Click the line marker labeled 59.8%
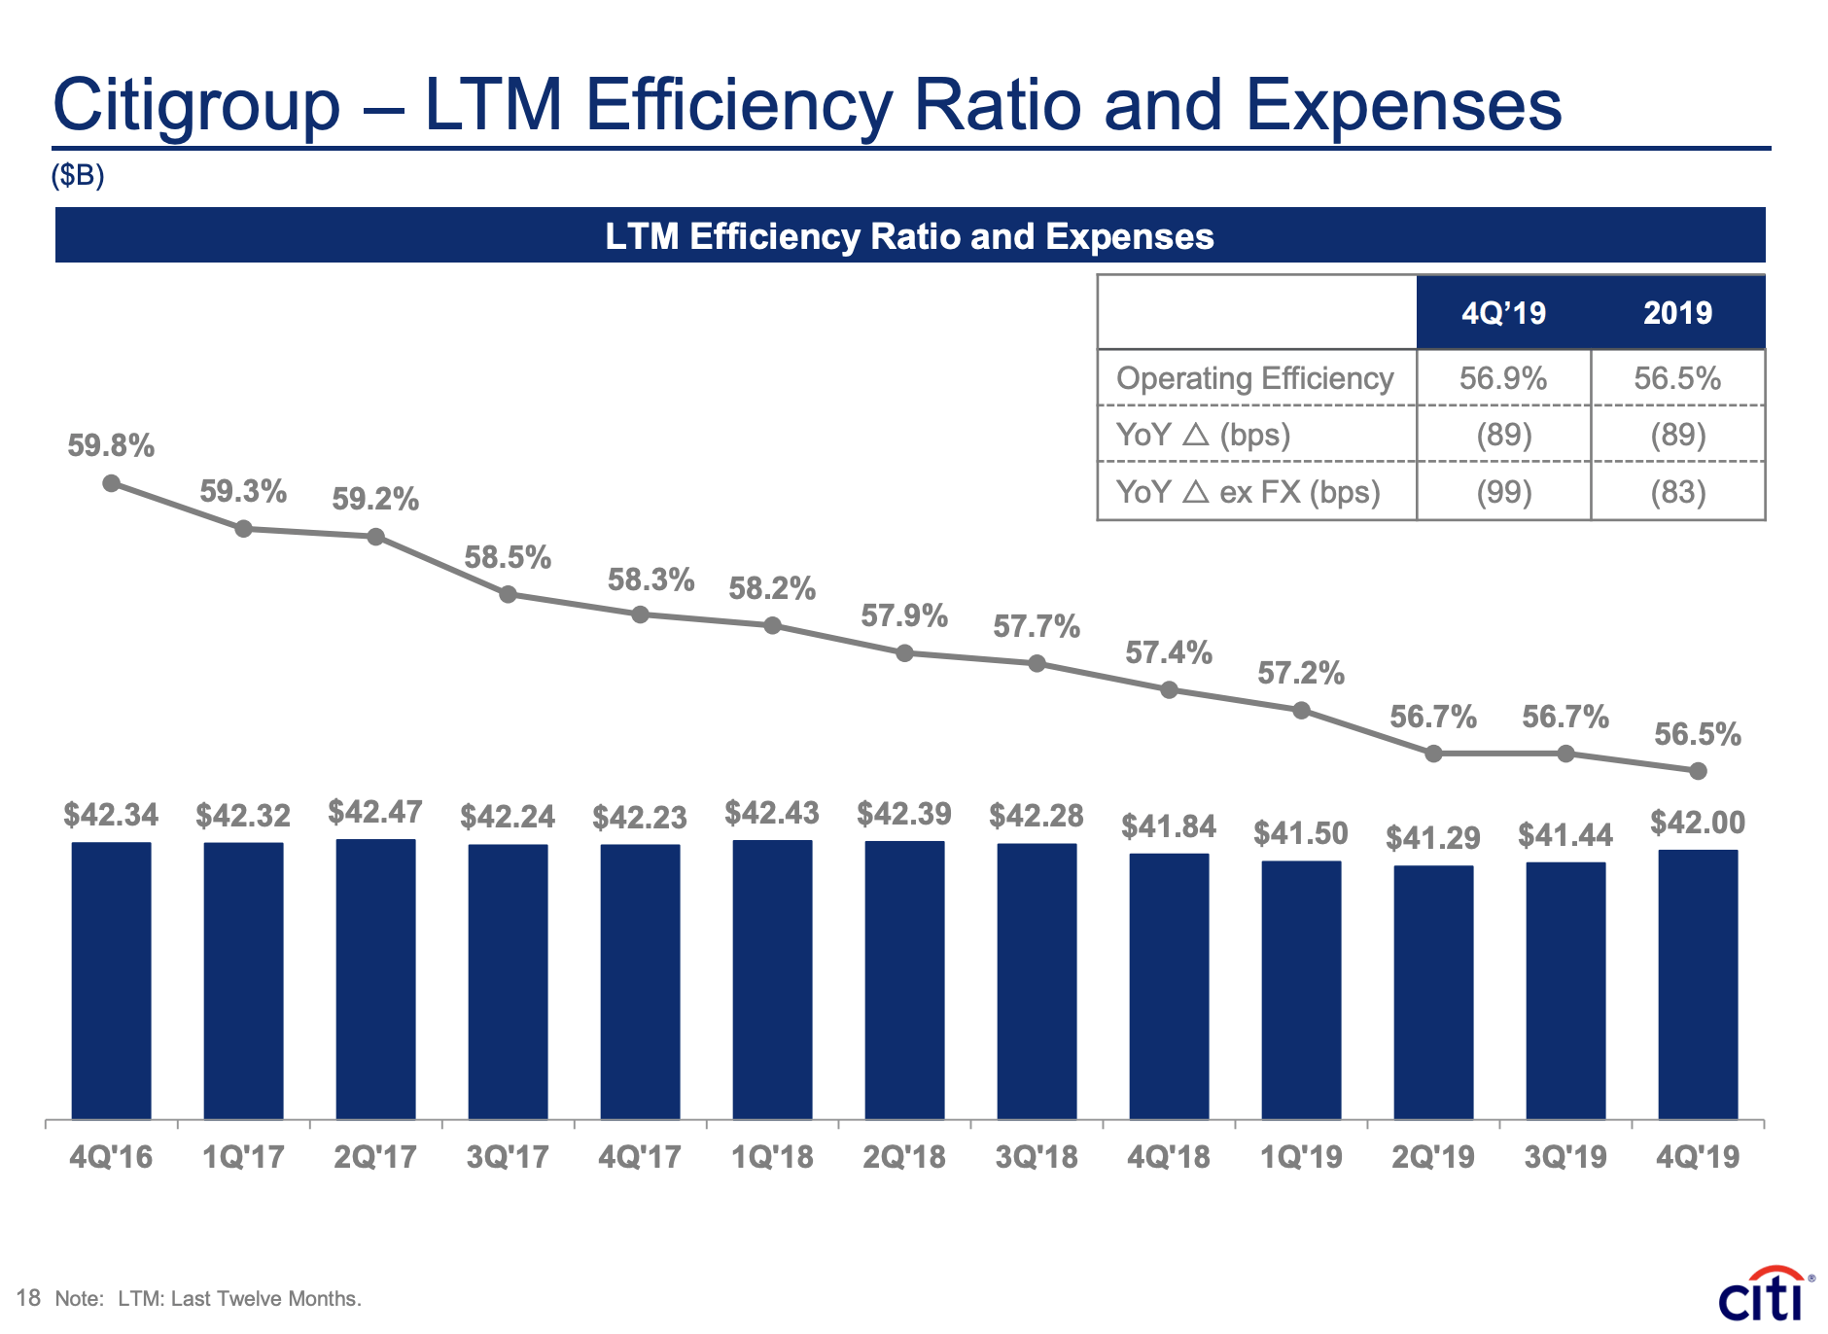(112, 483)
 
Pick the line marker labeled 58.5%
(508, 594)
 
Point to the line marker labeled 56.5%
(1698, 771)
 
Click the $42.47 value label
(375, 812)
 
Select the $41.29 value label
(1433, 837)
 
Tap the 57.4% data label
(1169, 652)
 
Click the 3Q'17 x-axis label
(508, 1157)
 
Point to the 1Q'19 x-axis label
(1301, 1157)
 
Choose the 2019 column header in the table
(1677, 313)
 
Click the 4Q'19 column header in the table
(1503, 313)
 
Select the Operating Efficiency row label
(1254, 378)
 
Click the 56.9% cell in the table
(1503, 378)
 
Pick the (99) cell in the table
(1503, 492)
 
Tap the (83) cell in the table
(1677, 492)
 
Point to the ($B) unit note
(78, 175)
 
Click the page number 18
(28, 1298)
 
